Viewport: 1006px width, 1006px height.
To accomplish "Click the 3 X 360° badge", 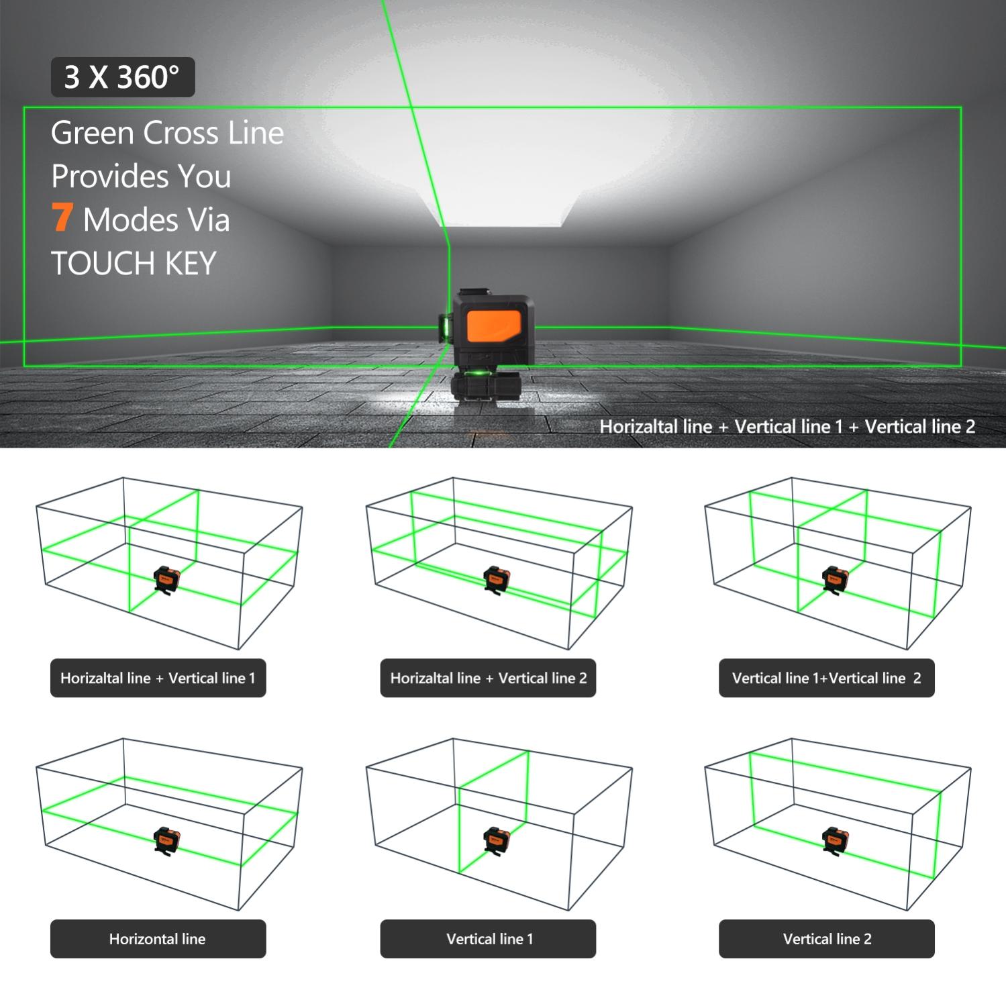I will [123, 77].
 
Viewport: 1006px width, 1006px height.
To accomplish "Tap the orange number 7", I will [62, 217].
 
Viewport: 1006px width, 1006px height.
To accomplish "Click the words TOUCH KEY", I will [134, 263].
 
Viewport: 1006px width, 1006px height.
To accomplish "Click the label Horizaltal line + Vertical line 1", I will [158, 678].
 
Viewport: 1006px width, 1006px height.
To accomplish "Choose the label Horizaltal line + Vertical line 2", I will [488, 678].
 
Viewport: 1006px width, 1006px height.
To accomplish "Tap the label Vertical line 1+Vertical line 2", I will [826, 678].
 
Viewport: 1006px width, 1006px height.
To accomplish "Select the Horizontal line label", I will [158, 938].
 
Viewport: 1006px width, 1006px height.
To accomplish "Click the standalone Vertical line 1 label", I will [488, 938].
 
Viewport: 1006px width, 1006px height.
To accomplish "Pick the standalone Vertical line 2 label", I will [826, 938].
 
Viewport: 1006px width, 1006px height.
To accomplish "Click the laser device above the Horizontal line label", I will [167, 840].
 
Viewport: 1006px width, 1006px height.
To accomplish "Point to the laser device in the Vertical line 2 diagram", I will [836, 840].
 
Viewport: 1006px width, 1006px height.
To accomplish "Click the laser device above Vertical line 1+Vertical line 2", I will [836, 579].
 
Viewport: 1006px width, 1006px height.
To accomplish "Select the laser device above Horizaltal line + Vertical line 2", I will [497, 579].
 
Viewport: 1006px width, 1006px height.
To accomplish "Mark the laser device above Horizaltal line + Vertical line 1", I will [167, 579].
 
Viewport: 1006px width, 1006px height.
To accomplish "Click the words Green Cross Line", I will [167, 132].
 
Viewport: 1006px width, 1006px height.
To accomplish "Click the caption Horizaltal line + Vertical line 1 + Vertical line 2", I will [787, 427].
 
